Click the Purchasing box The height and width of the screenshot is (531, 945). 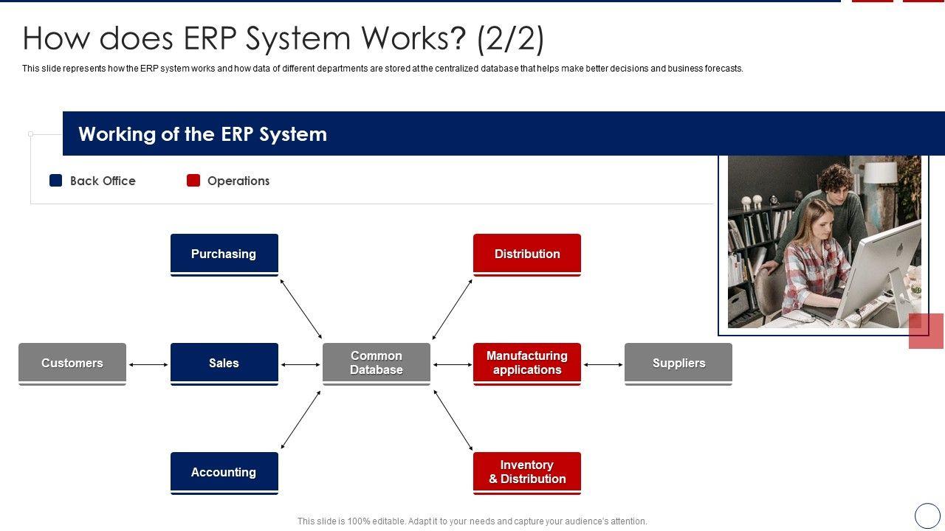coord(224,255)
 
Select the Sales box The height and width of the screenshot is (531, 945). coord(224,364)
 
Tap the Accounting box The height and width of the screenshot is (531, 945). coord(224,473)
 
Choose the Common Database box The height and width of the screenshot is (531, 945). coord(377,364)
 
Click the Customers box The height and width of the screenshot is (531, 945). coord(72,364)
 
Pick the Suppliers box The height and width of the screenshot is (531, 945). coord(678,364)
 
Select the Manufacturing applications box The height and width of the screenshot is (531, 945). coord(527,364)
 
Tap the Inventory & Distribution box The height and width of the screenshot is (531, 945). coord(527,473)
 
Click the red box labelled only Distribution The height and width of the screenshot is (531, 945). coord(527,255)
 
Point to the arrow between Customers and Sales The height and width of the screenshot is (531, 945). coord(148,364)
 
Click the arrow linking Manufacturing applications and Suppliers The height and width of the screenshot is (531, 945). coord(603,364)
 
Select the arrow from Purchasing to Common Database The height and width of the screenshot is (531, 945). coord(301,309)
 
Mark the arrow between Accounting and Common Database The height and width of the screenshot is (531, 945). coord(300,420)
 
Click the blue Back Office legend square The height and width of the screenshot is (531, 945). coord(55,181)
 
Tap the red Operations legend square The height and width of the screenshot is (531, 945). coord(193,181)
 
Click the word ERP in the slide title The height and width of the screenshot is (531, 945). coord(210,38)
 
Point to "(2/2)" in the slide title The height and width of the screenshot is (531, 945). coord(511,39)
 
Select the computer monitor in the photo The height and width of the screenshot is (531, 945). coord(881,274)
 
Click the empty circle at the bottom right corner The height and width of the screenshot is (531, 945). coord(927,516)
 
